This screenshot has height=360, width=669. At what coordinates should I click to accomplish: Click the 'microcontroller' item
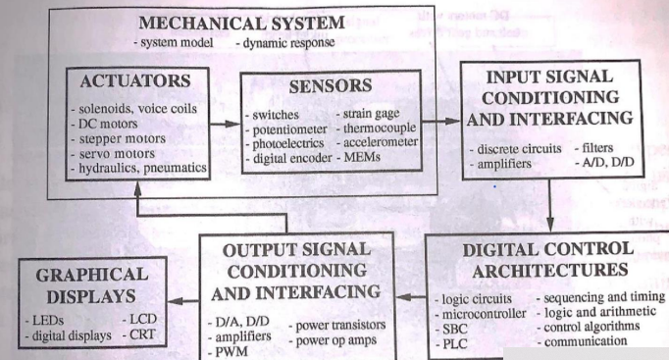pos(485,311)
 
